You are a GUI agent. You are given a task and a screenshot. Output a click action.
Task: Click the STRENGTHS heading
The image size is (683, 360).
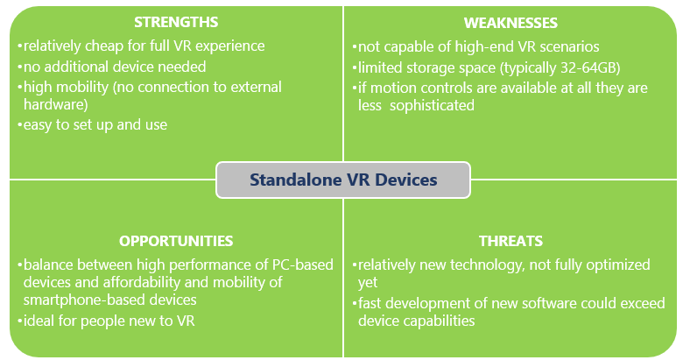(x=176, y=22)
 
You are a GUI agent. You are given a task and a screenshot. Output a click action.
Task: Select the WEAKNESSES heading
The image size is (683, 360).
(x=510, y=23)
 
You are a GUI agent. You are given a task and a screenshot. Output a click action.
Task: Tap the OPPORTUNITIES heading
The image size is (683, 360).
(x=176, y=241)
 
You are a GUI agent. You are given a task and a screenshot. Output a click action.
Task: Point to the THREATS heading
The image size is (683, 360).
(x=510, y=241)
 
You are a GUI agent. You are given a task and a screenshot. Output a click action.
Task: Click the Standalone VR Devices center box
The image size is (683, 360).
(x=343, y=180)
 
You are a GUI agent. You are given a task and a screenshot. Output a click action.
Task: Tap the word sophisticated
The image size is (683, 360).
(x=432, y=105)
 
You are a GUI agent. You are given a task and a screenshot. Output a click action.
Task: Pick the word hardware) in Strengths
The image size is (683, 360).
(x=56, y=104)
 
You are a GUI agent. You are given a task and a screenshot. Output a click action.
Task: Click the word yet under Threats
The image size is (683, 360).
(x=368, y=283)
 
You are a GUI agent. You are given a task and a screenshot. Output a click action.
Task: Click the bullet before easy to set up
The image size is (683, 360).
(x=19, y=125)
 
